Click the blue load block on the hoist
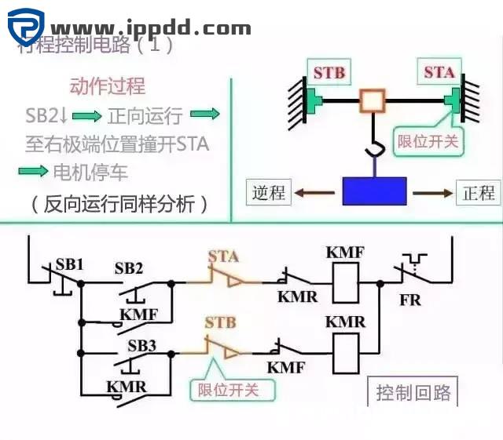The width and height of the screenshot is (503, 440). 374,191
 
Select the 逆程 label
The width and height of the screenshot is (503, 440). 269,192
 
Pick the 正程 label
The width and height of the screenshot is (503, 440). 478,192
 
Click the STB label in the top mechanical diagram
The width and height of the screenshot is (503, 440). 329,73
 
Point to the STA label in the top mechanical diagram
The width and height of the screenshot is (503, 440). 439,72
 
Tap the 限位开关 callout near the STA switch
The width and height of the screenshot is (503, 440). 428,142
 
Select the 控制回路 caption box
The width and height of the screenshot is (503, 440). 413,392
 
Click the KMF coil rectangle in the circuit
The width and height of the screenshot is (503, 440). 346,282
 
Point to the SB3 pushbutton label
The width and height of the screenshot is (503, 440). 141,345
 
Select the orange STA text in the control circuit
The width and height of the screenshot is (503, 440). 223,256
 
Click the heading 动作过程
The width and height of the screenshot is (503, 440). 108,86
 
